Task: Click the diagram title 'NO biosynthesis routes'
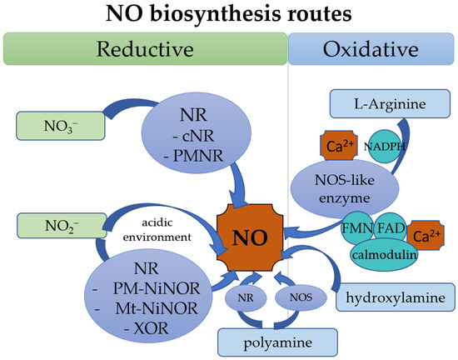[x=229, y=15]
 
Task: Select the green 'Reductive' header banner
[x=144, y=48]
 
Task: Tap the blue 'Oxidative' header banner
[x=372, y=48]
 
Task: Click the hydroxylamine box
[x=391, y=297]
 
